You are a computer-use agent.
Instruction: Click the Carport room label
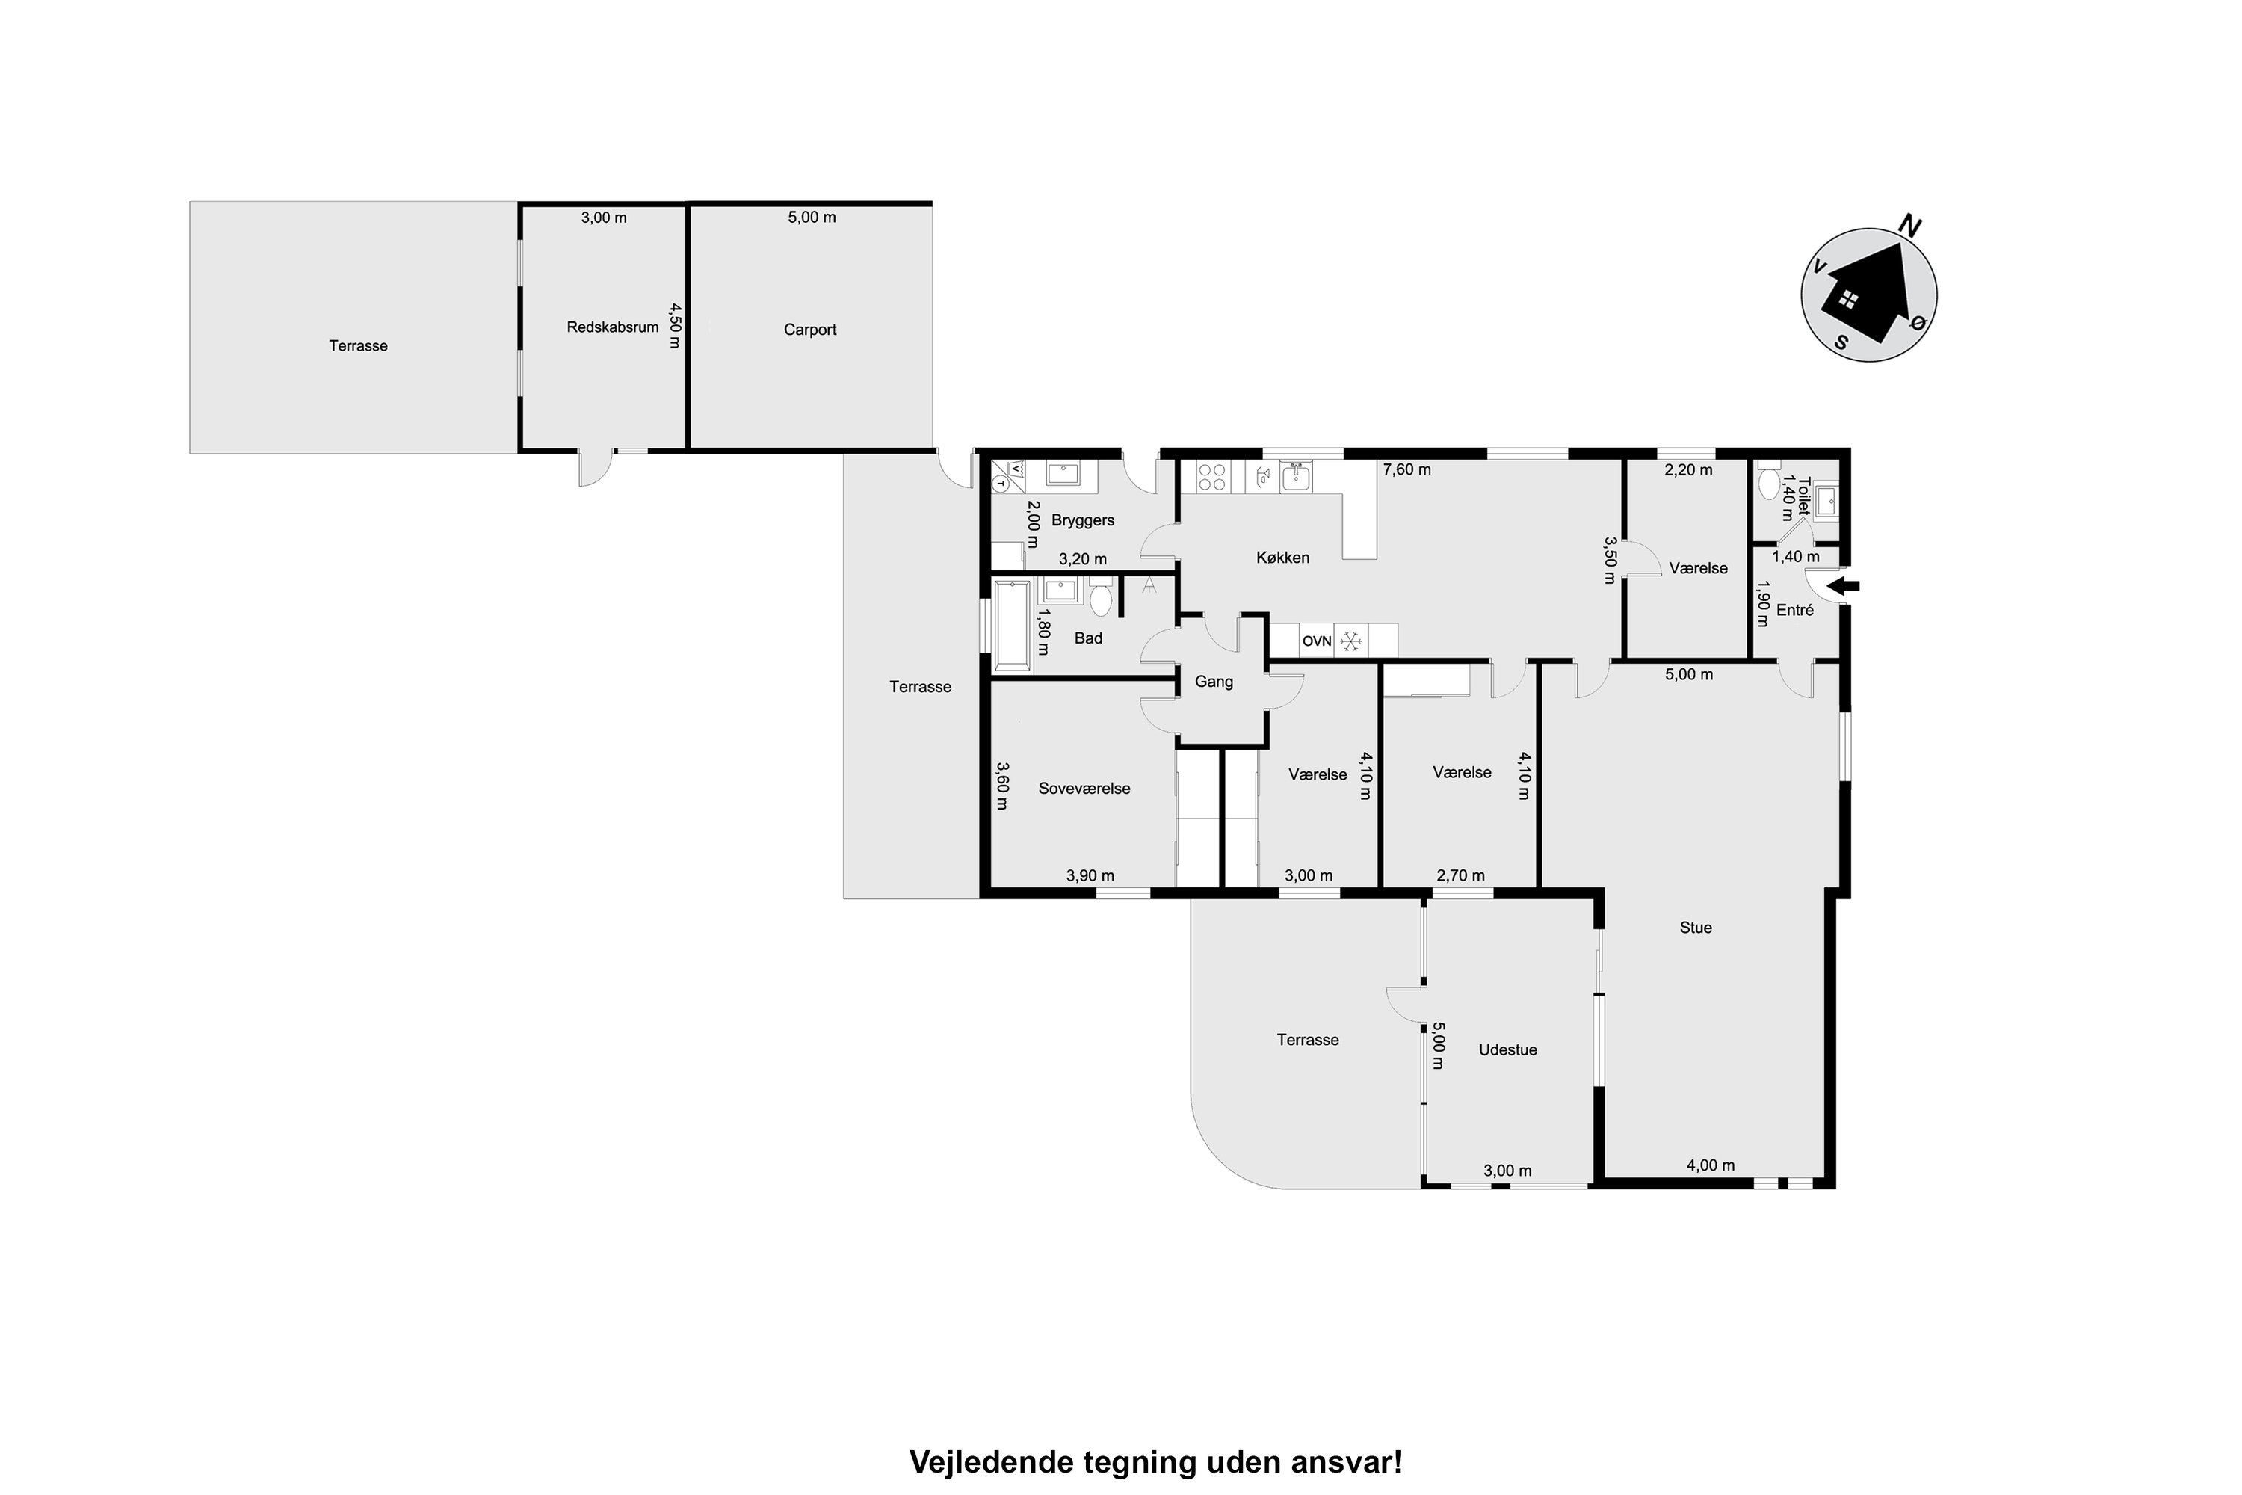pos(809,330)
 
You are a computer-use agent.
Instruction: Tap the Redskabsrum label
pos(612,327)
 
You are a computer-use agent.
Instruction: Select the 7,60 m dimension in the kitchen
pos(1407,470)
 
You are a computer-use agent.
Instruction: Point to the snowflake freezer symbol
pos(1350,641)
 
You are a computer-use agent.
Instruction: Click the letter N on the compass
pos(1909,225)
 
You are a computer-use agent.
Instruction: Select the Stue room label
pos(1696,928)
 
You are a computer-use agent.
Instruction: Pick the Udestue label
pos(1507,1049)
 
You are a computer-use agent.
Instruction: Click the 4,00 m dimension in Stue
pos(1710,1165)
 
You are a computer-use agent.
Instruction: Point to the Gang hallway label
pos(1214,682)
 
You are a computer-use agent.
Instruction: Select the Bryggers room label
pos(1082,520)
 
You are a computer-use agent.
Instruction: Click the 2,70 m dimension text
pos(1460,875)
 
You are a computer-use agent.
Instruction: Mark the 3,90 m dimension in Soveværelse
pos(1090,875)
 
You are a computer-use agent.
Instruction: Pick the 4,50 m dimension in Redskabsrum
pos(675,326)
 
